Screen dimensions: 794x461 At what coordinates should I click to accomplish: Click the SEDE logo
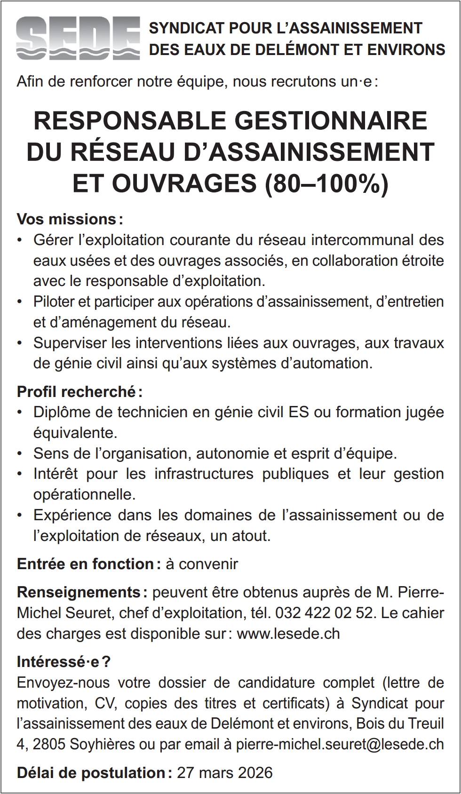point(78,38)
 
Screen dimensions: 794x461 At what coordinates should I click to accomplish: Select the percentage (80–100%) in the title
point(327,183)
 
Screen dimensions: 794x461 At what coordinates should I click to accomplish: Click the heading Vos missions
point(66,219)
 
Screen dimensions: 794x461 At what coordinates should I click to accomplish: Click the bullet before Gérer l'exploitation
point(19,240)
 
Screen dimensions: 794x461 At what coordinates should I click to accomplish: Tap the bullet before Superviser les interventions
point(19,343)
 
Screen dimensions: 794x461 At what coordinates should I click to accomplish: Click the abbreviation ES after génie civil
point(299,412)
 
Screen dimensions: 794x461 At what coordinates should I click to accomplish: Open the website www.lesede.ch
point(288,634)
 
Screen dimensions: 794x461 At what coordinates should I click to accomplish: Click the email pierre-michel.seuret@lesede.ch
point(340,744)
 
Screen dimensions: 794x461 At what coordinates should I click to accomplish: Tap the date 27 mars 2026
point(224,772)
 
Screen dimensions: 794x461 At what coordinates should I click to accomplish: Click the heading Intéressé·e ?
point(64,662)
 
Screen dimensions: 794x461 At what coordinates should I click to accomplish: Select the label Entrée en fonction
point(85,564)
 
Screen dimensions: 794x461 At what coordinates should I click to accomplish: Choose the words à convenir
point(202,564)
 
